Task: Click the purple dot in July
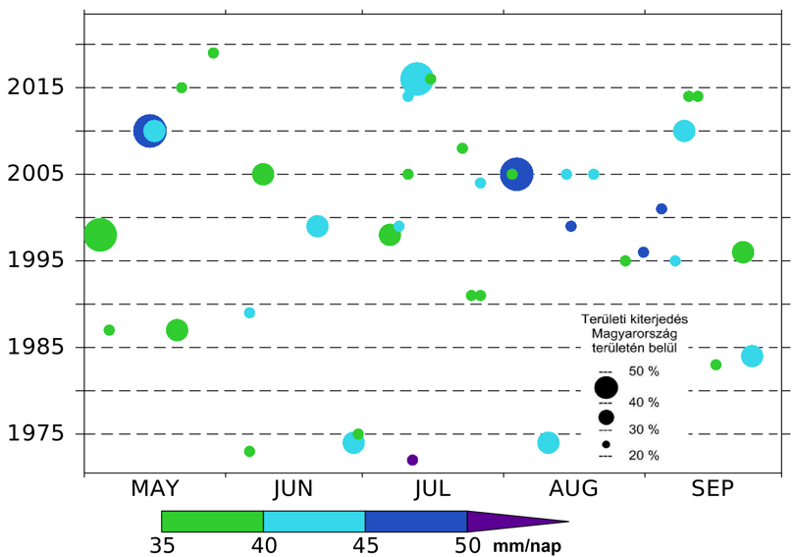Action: pyautogui.click(x=412, y=460)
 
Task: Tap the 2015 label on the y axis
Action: pyautogui.click(x=35, y=87)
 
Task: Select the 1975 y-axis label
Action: pyautogui.click(x=35, y=434)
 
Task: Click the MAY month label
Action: pyautogui.click(x=155, y=488)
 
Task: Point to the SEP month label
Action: pyautogui.click(x=713, y=488)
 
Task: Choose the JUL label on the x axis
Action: pyautogui.click(x=432, y=488)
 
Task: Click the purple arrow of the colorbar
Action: pyautogui.click(x=517, y=521)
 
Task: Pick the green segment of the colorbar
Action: pyautogui.click(x=212, y=522)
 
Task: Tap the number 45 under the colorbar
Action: pyautogui.click(x=365, y=546)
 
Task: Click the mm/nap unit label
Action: pyautogui.click(x=527, y=546)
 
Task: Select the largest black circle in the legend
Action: pyautogui.click(x=606, y=388)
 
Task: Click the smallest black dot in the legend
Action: pyautogui.click(x=606, y=444)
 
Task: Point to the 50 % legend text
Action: pyautogui.click(x=644, y=371)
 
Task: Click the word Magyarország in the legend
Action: pyautogui.click(x=634, y=334)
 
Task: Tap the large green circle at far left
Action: pyautogui.click(x=100, y=235)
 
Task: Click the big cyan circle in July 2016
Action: pyautogui.click(x=417, y=79)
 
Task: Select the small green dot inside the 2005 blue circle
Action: pyautogui.click(x=512, y=175)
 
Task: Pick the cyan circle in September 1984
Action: pyautogui.click(x=752, y=357)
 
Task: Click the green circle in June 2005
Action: pyautogui.click(x=263, y=175)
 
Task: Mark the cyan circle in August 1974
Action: pyautogui.click(x=548, y=443)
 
